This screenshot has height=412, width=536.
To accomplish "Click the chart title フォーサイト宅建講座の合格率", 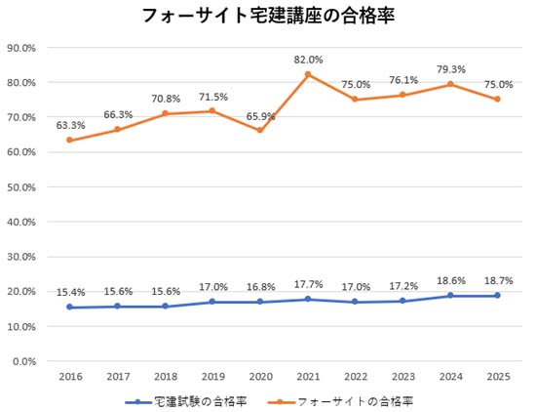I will tap(268, 17).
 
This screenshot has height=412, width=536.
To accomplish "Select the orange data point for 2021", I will tap(307, 74).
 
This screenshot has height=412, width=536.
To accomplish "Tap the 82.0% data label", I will tap(307, 60).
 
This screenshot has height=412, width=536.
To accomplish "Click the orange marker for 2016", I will tap(69, 140).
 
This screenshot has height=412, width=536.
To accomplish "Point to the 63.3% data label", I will tap(69, 125).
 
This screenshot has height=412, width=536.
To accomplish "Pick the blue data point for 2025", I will tap(497, 296).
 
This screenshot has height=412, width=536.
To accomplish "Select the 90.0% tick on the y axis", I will tap(22, 47).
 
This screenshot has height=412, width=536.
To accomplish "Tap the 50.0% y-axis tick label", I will tap(22, 186).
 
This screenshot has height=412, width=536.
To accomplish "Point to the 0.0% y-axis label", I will tap(25, 361).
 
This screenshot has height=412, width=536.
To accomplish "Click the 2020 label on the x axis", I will tap(259, 376).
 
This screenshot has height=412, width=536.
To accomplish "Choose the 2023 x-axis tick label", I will tap(402, 376).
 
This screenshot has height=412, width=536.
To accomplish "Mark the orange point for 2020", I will tap(259, 131).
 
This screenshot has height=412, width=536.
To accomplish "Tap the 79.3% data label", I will tap(449, 68).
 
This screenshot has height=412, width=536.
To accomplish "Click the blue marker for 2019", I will tap(211, 302).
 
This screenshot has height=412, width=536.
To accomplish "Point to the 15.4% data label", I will tap(69, 292).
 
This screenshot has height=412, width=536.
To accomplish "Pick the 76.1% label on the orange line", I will tap(402, 80).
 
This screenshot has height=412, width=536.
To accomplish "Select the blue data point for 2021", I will tap(307, 299).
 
